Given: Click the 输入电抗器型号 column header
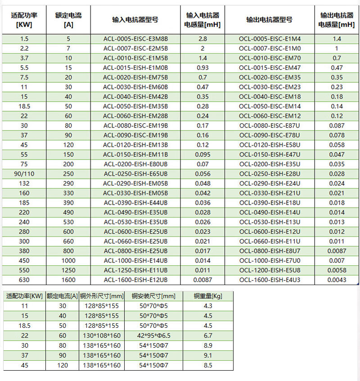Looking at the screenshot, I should pos(135,20).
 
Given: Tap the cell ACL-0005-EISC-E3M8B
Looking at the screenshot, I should pos(135,39).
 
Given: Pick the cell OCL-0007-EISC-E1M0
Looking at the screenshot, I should pos(270,49).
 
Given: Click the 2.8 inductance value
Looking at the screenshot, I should pos(202,39).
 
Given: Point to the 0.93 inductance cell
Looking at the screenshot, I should pos(202,68).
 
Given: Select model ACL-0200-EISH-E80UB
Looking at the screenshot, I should pos(135,164).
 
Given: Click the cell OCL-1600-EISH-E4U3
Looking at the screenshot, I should pos(270,280).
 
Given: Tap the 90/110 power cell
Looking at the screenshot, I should pos(24,174).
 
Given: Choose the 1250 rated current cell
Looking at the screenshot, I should pos(68,270).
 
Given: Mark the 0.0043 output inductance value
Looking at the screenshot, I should pos(337,280).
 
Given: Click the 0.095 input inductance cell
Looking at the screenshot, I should pos(202,154).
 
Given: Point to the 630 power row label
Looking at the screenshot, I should pos(24,280).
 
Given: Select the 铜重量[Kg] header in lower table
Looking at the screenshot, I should pos(208,296).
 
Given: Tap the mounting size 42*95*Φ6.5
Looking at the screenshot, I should pos(153,336).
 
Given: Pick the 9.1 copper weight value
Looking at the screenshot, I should pos(208,355).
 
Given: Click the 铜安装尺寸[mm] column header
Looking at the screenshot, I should pos(153,296).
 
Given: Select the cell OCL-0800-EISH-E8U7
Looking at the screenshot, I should pos(270,251).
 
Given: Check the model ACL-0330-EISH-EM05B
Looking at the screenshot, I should pos(135,193).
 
